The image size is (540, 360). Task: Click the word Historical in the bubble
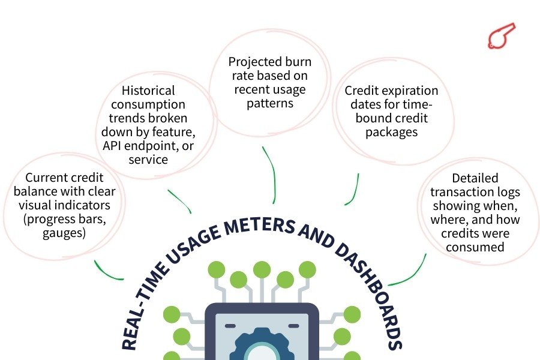point(148,91)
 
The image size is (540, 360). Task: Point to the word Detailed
point(475,178)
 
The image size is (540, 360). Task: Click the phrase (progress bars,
point(64,219)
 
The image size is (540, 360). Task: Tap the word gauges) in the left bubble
point(64,233)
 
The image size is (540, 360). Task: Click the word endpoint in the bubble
point(164,146)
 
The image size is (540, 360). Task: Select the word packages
point(391,132)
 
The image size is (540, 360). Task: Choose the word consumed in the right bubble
point(475,246)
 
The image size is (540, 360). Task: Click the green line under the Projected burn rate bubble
point(273,174)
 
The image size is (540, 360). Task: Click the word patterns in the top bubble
point(269,103)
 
